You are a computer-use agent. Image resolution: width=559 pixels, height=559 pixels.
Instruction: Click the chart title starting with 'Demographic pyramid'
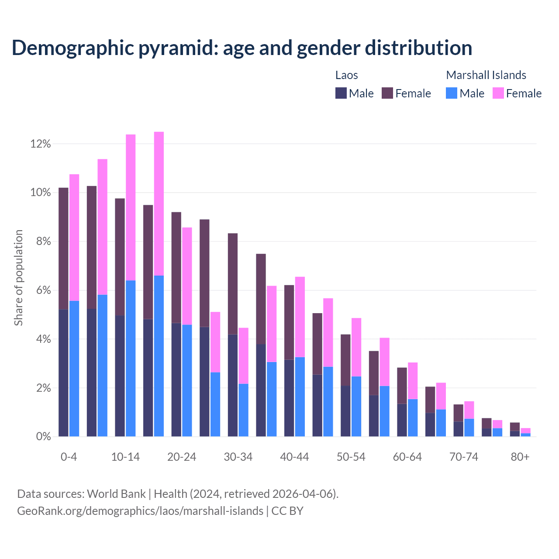[242, 48]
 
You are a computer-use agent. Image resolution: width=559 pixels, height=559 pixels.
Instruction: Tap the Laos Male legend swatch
[341, 93]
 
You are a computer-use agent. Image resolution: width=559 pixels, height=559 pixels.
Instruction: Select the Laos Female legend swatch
[387, 93]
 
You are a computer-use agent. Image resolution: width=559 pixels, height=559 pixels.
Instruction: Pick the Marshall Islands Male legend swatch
[452, 93]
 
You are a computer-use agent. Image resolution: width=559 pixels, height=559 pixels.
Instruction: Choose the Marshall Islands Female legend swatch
[498, 93]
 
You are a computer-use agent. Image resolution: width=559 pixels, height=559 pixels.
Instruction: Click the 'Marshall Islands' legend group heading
[486, 75]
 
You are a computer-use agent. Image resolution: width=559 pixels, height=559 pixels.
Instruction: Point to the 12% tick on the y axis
[41, 144]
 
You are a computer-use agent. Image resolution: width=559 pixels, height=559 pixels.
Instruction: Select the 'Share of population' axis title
[19, 278]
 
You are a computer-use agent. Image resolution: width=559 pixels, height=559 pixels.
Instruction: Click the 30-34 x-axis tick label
[238, 457]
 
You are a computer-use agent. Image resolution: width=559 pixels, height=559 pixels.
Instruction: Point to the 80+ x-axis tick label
[520, 457]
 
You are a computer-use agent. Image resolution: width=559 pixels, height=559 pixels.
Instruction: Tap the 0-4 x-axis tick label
[69, 457]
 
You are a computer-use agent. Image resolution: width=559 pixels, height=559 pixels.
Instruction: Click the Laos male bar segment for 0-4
[63, 373]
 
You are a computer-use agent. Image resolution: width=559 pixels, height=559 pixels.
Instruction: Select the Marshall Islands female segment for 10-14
[131, 207]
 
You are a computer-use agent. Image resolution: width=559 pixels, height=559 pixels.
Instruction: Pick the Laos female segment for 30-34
[233, 284]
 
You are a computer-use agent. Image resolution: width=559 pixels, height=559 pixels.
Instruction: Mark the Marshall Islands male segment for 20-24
[187, 380]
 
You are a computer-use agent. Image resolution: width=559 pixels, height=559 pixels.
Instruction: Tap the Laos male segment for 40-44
[289, 398]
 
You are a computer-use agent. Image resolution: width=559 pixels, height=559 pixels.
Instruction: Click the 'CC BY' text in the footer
[287, 511]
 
